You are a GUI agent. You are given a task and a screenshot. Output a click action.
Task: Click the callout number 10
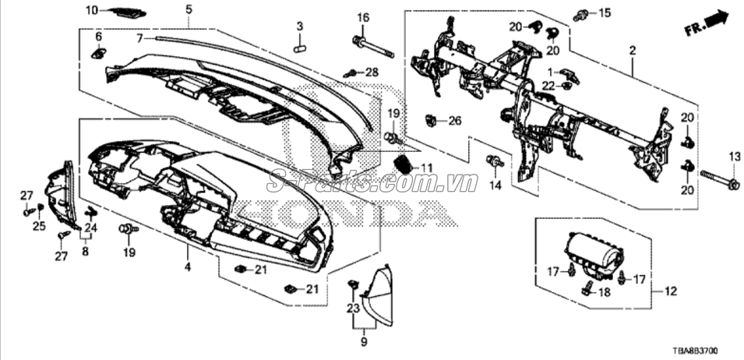pos(92,9)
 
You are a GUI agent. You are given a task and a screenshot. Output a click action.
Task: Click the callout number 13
pos(735,157)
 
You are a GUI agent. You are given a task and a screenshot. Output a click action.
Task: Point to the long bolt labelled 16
pos(373,47)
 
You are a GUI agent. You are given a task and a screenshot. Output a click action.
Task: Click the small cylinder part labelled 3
pos(299,48)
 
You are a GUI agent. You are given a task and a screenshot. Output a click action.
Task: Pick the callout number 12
pos(671,291)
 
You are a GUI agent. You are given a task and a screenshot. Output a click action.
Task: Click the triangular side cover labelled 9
pos(378,296)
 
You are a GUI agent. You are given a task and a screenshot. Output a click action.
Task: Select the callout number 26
pos(454,122)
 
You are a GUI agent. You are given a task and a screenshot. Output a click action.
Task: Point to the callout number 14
pos(495,185)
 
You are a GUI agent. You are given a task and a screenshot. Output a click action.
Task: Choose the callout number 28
pos(372,72)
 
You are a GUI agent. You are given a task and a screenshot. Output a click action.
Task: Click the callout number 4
pos(188,267)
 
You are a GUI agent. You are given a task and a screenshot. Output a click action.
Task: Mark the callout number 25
pos(39,226)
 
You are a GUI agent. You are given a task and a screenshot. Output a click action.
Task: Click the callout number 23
pos(353,309)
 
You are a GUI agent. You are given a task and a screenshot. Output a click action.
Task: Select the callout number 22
pos(548,86)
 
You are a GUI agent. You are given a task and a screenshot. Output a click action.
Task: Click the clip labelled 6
pos(98,53)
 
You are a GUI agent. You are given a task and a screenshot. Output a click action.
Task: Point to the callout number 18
pos(604,292)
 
